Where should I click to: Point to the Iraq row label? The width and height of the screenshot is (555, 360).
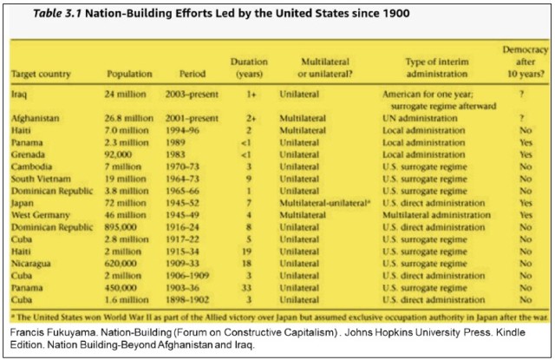click(x=20, y=92)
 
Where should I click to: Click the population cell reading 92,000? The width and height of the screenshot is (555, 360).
click(x=121, y=153)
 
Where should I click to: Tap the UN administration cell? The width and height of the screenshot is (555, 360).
click(x=418, y=116)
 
